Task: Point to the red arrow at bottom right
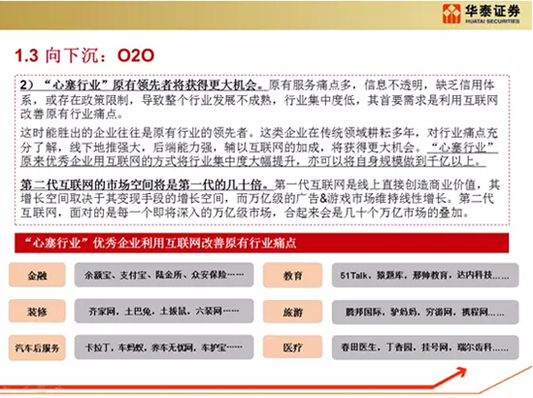coord(476,379)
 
